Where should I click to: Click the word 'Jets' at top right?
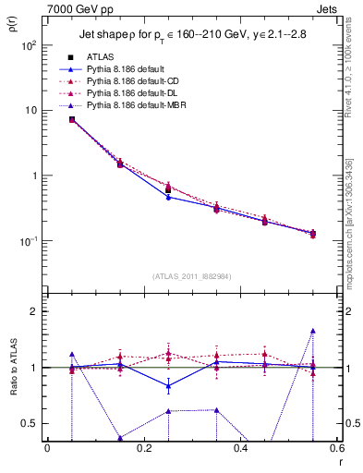[x=326, y=8]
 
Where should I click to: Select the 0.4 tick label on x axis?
[x=239, y=449]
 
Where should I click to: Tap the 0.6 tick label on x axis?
[x=334, y=449]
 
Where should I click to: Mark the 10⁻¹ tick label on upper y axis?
[x=30, y=241]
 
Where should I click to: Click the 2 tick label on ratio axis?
[x=34, y=311]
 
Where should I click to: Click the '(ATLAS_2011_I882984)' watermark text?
[x=192, y=276]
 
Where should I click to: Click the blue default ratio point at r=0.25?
[x=168, y=385]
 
